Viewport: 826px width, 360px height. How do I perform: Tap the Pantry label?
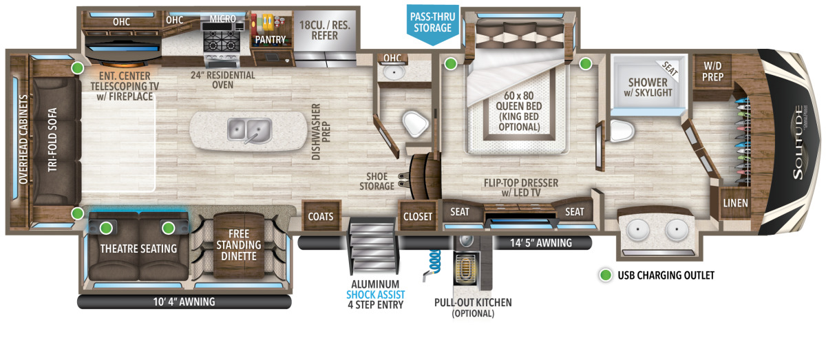271,39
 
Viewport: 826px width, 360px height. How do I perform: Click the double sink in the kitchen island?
249,130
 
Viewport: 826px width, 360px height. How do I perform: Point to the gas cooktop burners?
220,41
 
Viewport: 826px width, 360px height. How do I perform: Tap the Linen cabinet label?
735,203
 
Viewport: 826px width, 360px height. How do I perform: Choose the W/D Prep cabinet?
712,71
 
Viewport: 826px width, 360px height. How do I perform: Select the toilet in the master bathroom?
622,131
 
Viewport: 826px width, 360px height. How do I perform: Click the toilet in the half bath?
415,124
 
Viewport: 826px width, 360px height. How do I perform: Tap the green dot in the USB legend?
606,275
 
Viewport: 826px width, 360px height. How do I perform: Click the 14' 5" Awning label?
541,243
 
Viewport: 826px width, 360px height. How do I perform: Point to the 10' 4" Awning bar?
184,301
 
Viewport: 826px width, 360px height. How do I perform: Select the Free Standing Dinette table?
239,245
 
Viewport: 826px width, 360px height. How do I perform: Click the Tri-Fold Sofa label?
52,140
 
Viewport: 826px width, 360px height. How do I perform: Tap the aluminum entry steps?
374,245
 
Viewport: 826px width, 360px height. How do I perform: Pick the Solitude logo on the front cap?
798,142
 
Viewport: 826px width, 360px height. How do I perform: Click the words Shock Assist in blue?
375,295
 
